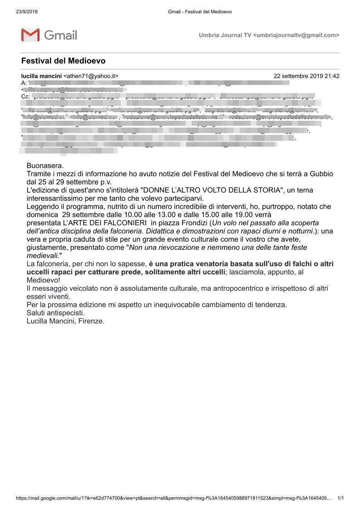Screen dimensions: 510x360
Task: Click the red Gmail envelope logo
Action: [x=30, y=35]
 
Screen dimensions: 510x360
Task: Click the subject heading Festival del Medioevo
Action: [x=63, y=61]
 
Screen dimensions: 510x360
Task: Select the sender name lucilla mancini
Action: [x=41, y=76]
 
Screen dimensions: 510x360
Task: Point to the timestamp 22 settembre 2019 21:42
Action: [x=306, y=76]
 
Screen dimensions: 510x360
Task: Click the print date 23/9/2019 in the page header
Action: [x=26, y=11]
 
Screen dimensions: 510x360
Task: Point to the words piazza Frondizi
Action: [x=183, y=223]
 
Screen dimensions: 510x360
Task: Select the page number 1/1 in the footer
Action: [x=340, y=498]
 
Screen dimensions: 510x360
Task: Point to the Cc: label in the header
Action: [x=26, y=97]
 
